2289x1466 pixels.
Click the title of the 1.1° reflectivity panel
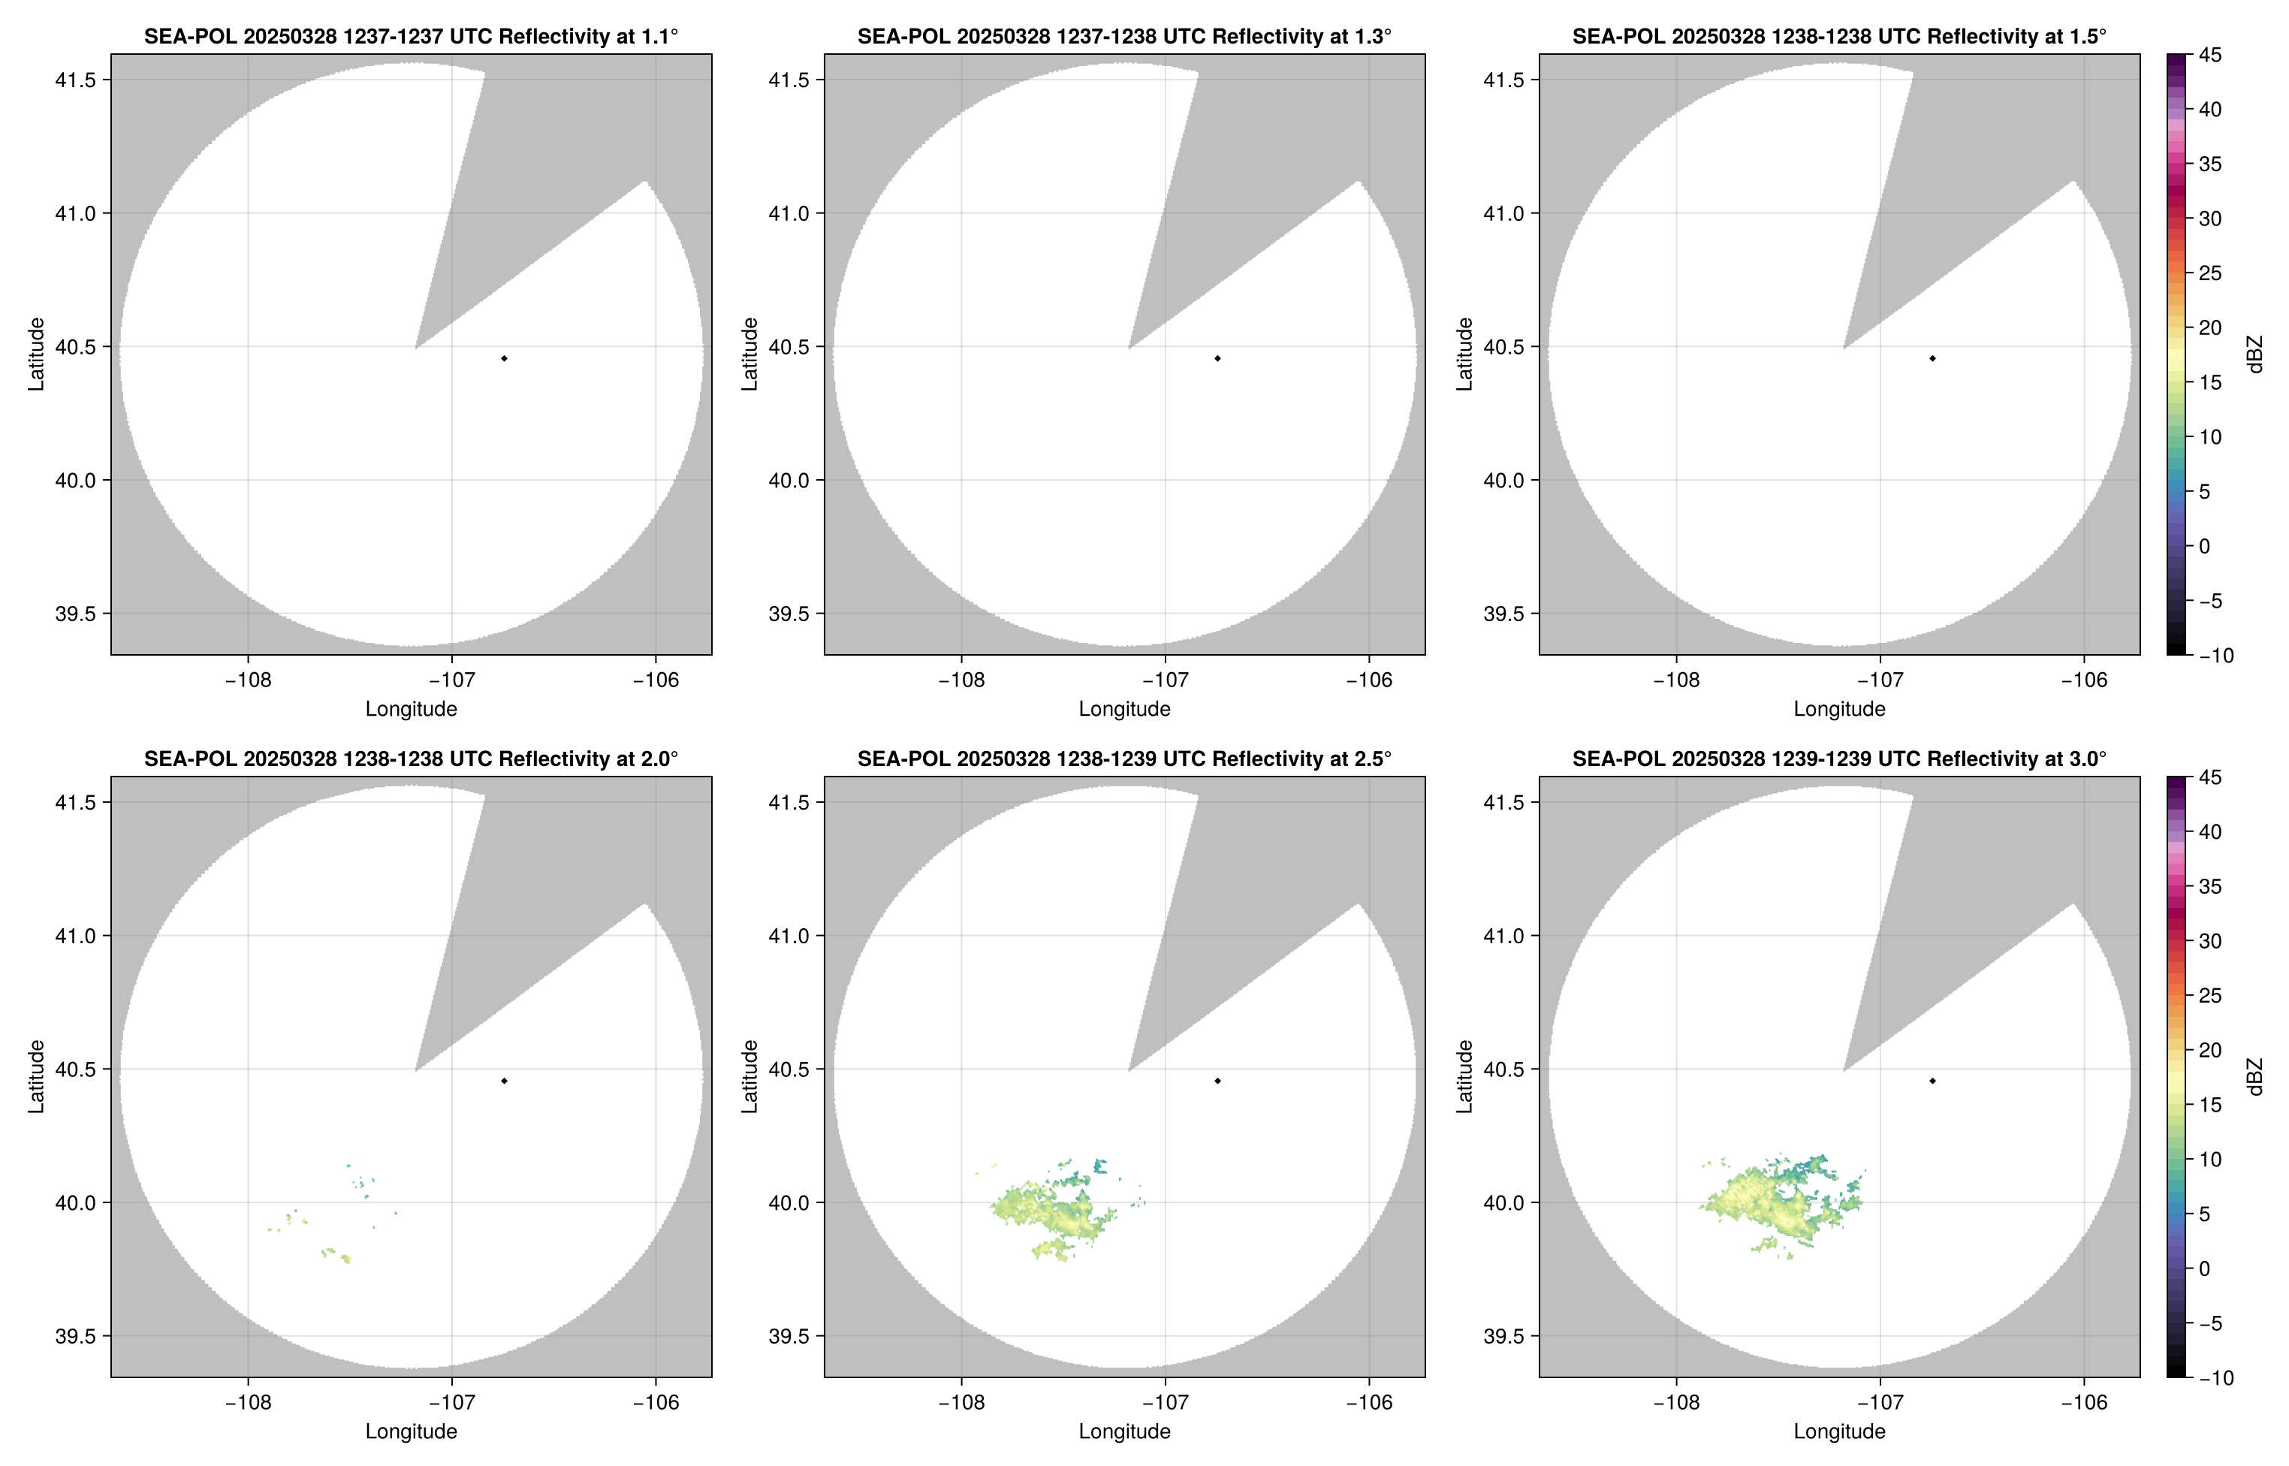click(410, 36)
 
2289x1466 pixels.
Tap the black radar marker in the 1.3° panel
click(1217, 358)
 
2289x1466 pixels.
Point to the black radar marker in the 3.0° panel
click(1932, 1081)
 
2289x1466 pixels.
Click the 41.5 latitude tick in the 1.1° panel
click(76, 80)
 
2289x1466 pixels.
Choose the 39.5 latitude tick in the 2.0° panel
click(76, 1335)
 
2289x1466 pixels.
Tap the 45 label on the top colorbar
click(2210, 56)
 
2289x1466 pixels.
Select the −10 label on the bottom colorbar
click(2215, 1377)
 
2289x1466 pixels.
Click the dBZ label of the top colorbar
click(2254, 354)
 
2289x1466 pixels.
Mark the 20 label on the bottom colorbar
click(2210, 1050)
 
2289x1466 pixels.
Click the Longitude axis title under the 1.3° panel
click(1124, 708)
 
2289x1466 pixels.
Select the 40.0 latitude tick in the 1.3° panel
click(789, 481)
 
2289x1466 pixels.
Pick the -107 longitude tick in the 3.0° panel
click(1880, 1402)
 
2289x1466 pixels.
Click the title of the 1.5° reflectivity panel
click(1839, 36)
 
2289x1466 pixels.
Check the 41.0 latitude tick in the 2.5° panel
click(789, 936)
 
